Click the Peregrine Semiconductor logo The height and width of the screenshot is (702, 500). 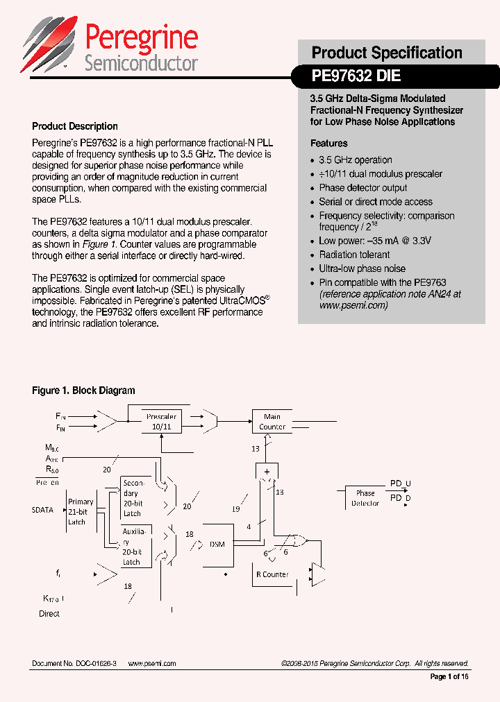click(x=110, y=45)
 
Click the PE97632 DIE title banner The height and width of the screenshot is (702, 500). click(x=356, y=76)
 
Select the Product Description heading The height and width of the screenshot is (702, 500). click(x=75, y=126)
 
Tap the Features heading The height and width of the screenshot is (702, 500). click(x=329, y=143)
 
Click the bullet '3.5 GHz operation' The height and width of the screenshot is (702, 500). click(x=356, y=160)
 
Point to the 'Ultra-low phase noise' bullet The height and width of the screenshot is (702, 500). click(x=362, y=268)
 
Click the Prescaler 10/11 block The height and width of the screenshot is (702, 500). click(x=161, y=421)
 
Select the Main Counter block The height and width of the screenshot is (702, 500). click(x=272, y=422)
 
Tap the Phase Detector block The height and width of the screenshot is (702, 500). click(x=365, y=498)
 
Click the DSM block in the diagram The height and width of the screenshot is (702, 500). click(x=217, y=544)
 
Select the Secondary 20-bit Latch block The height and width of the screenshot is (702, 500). click(x=133, y=497)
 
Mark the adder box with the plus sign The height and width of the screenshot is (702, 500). click(x=267, y=472)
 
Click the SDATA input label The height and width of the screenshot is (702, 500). click(x=42, y=510)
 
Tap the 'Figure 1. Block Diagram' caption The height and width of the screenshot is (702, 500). click(x=83, y=391)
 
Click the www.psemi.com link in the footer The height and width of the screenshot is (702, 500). click(x=152, y=663)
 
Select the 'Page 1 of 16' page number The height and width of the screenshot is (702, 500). click(x=449, y=676)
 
